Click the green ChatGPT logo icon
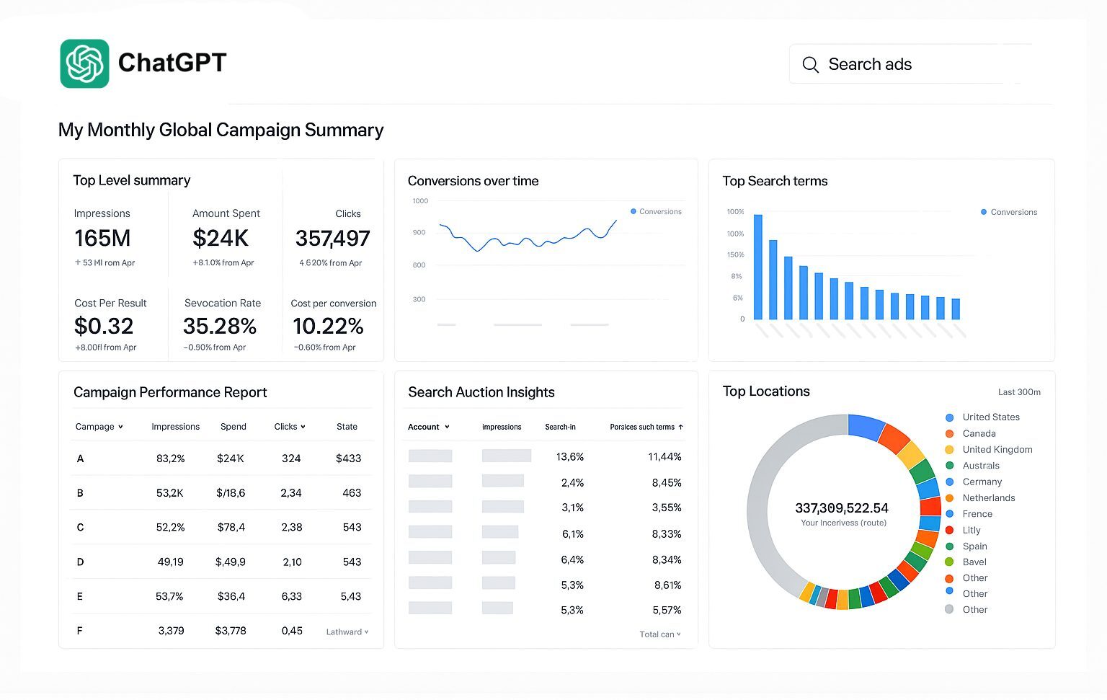[84, 63]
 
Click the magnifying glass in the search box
[810, 65]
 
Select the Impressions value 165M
[102, 238]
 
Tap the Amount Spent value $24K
[221, 238]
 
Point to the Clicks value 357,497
[332, 238]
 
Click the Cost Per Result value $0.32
[104, 327]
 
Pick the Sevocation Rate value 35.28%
[220, 327]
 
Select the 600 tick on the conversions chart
[419, 265]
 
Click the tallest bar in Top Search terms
[757, 267]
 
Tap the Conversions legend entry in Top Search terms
[1010, 212]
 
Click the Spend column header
[233, 427]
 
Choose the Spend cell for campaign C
[231, 528]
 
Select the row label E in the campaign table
[80, 597]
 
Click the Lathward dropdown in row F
[347, 632]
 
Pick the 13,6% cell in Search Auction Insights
[570, 457]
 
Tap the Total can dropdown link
[659, 634]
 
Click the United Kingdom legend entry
[997, 450]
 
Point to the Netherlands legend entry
[988, 498]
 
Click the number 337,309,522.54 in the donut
[841, 508]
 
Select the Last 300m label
[1019, 392]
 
